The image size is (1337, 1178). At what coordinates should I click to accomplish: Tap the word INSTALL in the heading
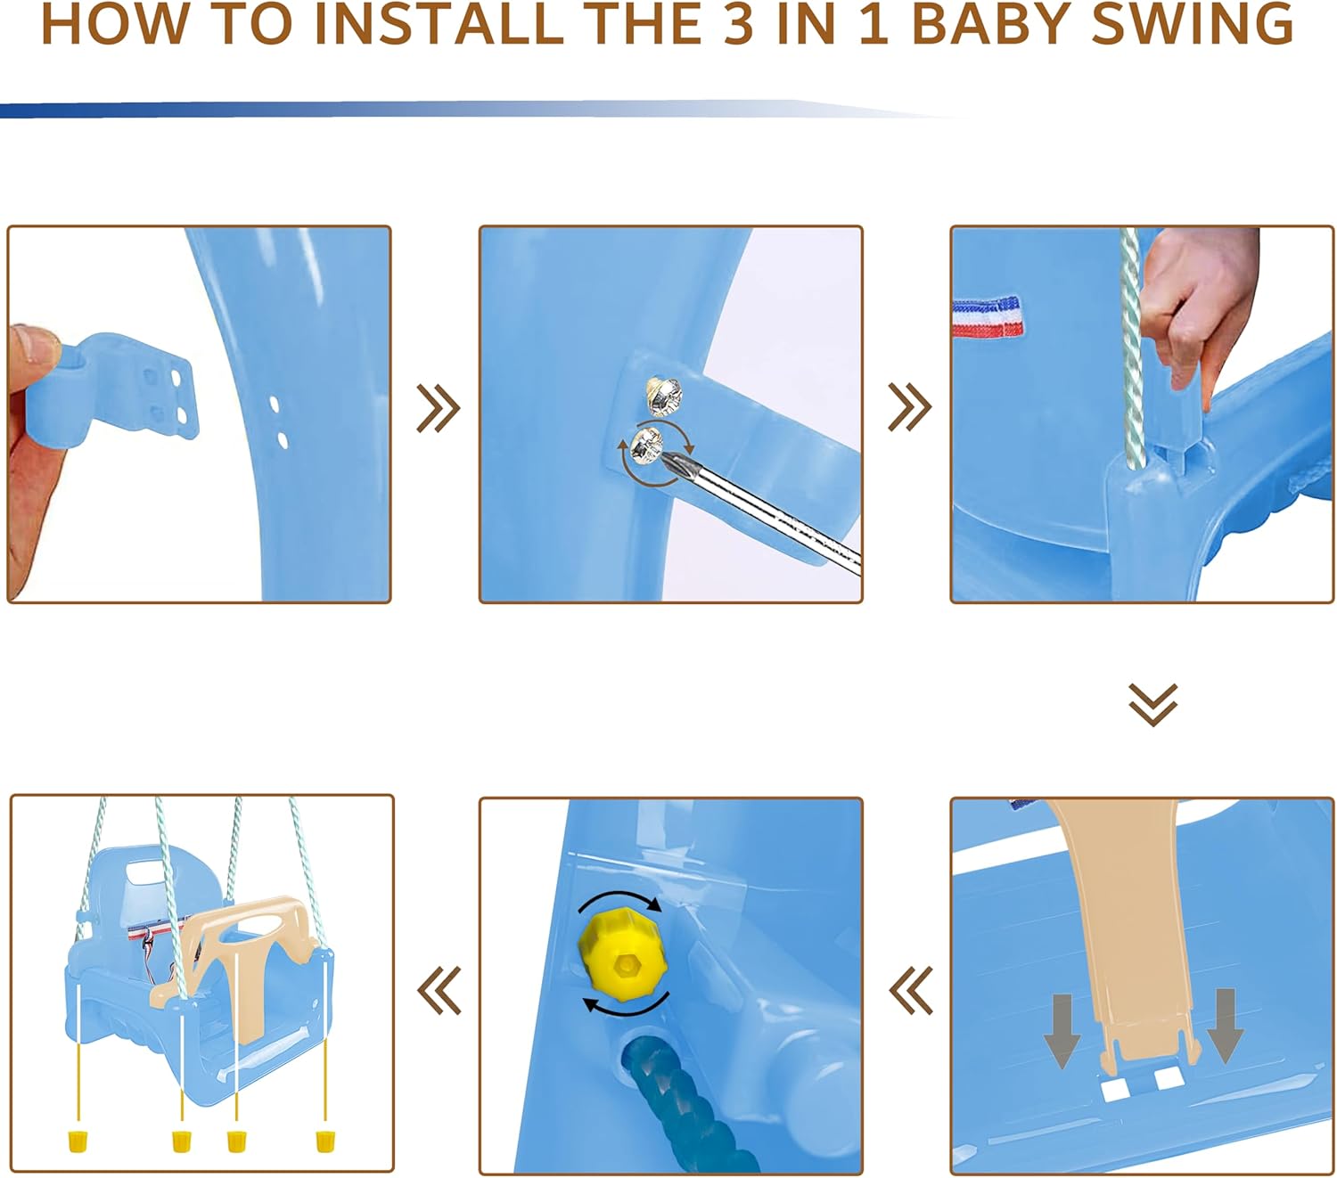click(439, 24)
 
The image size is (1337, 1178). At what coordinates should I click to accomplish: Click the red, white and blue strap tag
click(988, 317)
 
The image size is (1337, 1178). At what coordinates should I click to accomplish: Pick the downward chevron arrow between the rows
click(1152, 704)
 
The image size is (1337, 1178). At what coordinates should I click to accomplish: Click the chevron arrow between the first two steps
click(439, 408)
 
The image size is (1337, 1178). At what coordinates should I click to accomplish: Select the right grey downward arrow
click(1226, 1026)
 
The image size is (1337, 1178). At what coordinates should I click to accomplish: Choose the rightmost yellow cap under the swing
click(325, 1141)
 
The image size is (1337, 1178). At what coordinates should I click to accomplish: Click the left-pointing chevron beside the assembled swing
click(439, 991)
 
